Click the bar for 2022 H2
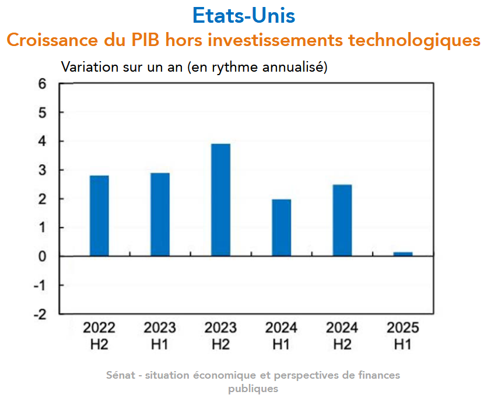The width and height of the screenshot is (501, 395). click(99, 216)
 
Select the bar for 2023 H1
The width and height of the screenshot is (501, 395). click(160, 214)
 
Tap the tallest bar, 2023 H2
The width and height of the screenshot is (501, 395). click(220, 200)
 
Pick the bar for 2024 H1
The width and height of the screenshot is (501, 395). click(281, 228)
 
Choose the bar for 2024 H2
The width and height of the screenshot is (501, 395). click(342, 220)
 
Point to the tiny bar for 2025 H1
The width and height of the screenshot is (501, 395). click(402, 254)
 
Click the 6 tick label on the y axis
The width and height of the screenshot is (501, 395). click(41, 84)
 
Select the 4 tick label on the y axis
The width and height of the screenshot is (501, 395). click(41, 142)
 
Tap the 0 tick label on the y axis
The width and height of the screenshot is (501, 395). click(41, 256)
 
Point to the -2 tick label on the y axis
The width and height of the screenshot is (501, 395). click(39, 314)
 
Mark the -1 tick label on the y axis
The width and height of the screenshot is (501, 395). click(39, 285)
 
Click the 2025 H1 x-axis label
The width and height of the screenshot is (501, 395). click(402, 336)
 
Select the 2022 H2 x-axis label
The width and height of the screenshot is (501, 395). click(99, 336)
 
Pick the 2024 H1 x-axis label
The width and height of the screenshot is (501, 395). click(281, 336)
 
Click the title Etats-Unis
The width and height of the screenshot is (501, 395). click(244, 15)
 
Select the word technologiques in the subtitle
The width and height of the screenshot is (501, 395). click(414, 41)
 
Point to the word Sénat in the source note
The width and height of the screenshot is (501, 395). click(119, 375)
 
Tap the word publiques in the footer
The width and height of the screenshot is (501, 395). click(253, 388)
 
